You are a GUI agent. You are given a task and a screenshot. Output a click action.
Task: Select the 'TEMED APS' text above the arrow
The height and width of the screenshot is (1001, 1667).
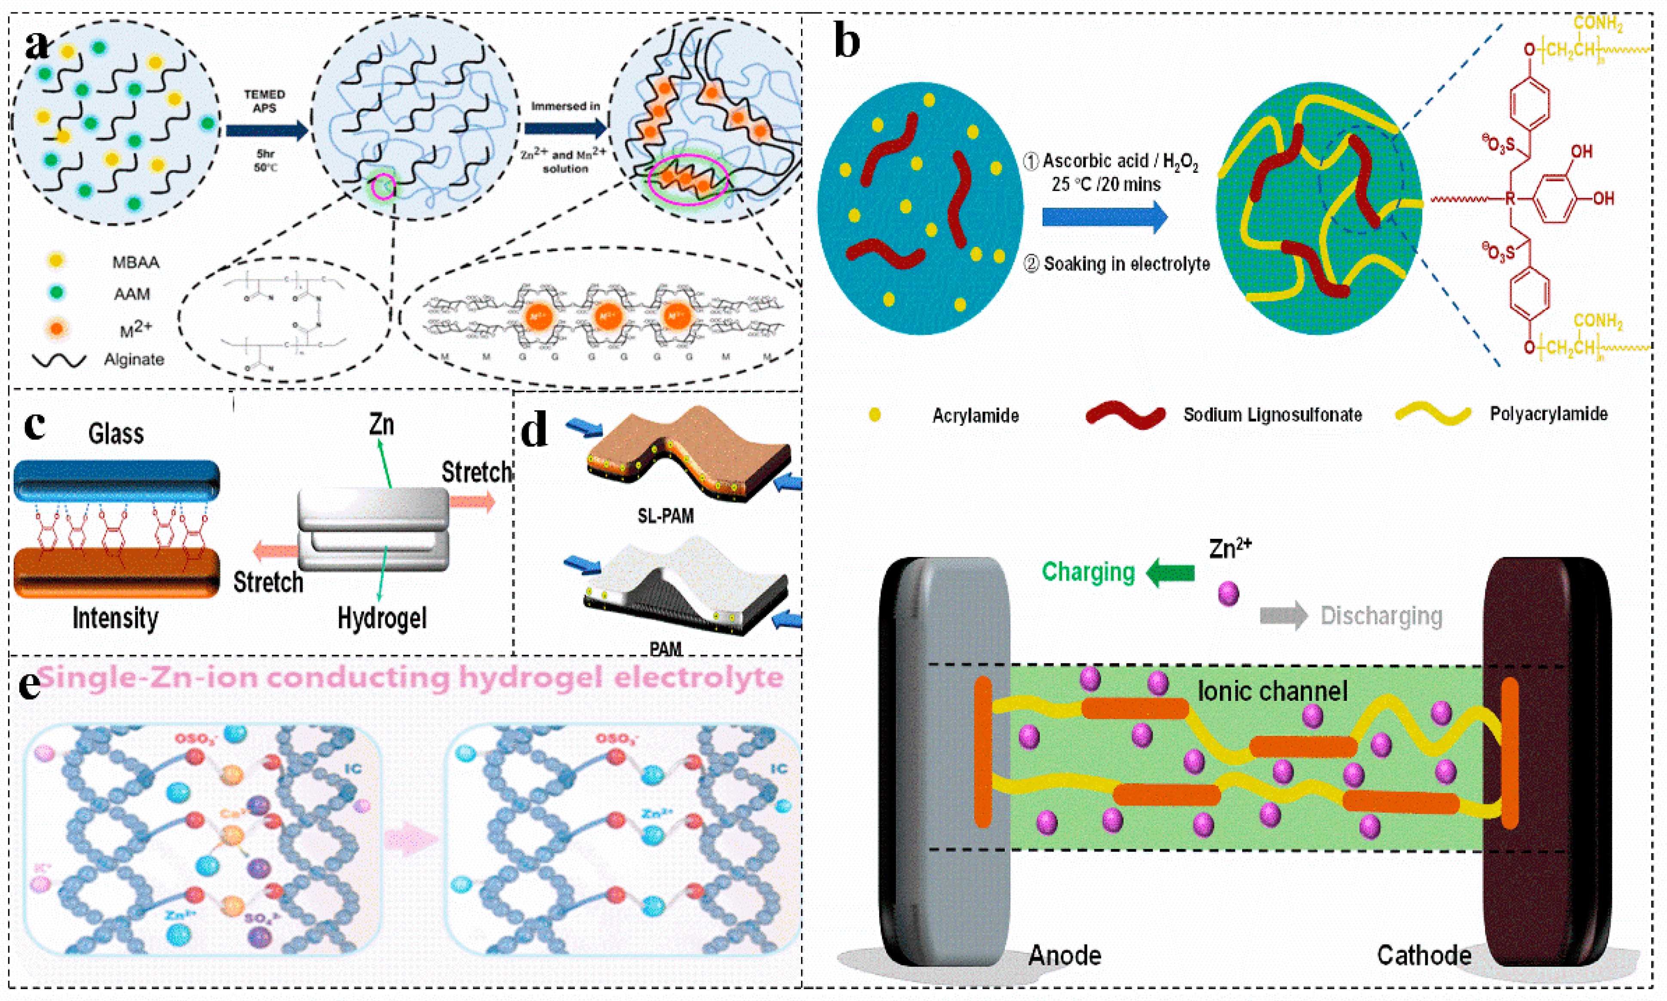tap(264, 101)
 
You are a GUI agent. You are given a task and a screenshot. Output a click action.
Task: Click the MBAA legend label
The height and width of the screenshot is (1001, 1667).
tap(135, 262)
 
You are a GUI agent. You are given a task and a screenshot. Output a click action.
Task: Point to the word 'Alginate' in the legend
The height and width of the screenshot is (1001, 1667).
tap(134, 359)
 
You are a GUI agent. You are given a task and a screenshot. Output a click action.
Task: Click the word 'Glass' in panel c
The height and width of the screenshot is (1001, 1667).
tap(116, 434)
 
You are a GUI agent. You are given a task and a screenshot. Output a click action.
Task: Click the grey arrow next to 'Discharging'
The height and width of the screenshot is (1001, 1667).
tap(1283, 616)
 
